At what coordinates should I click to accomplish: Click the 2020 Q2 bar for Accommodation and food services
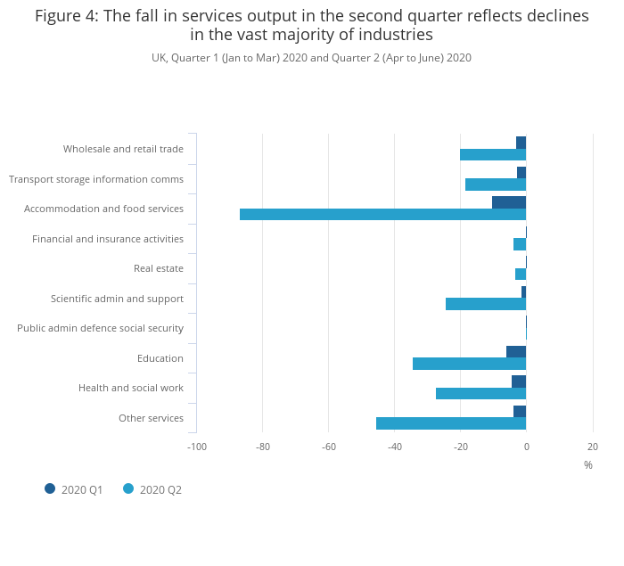(x=382, y=215)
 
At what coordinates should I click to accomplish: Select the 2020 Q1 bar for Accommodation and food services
(x=509, y=202)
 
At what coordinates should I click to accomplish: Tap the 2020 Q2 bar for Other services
(x=451, y=423)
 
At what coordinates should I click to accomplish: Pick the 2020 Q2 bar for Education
(x=469, y=364)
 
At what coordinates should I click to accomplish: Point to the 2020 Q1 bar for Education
(x=516, y=352)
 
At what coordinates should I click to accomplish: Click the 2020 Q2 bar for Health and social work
(x=480, y=393)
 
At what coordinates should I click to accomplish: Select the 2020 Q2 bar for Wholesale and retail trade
(x=493, y=154)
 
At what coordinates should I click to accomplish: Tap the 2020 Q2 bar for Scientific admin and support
(x=486, y=304)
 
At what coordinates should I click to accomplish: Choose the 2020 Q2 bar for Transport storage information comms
(x=496, y=185)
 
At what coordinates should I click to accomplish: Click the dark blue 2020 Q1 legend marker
(x=50, y=488)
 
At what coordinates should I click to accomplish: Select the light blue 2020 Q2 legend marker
(x=128, y=488)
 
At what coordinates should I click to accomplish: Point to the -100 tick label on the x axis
(x=197, y=447)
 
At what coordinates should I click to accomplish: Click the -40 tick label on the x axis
(x=394, y=447)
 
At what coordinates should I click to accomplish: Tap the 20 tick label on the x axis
(x=593, y=447)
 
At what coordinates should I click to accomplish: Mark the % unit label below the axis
(x=588, y=465)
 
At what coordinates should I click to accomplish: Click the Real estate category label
(x=159, y=268)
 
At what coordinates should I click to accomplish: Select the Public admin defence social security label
(x=100, y=328)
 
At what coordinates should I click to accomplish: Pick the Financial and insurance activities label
(x=108, y=239)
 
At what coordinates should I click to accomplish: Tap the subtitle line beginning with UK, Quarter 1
(x=311, y=58)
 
